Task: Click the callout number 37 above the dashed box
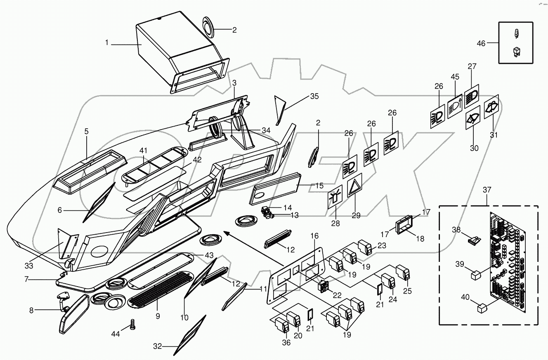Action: coord(487,190)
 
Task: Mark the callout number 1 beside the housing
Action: coord(106,42)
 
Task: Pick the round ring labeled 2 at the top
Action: coord(210,28)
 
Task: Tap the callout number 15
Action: coord(319,186)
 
